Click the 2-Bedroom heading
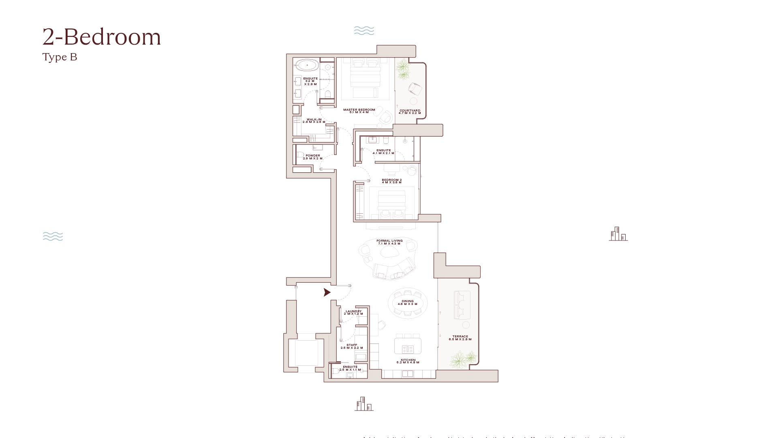102,37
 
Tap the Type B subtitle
60,57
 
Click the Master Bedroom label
359,111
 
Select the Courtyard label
410,112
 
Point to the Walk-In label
314,120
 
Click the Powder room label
312,157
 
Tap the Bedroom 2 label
391,181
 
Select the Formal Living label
389,242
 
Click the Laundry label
353,312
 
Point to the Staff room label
352,346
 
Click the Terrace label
460,337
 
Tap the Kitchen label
408,361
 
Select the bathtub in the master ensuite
307,65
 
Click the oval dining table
408,303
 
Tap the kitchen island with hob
408,346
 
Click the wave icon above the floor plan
364,31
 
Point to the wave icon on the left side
53,236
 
